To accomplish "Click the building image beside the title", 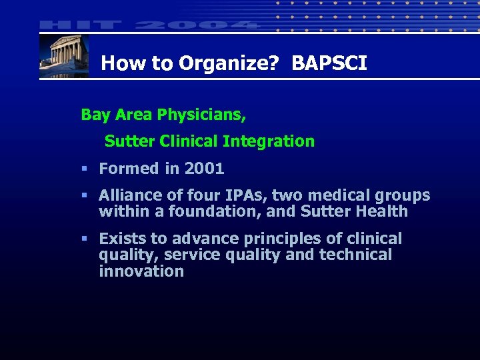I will tap(64, 56).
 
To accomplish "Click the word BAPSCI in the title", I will tap(329, 63).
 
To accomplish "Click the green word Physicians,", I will tap(201, 115).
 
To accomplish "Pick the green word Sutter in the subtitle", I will tap(127, 141).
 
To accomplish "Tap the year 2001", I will tap(204, 169).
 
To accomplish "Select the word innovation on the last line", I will tap(141, 271).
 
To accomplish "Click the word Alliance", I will tap(132, 195).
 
